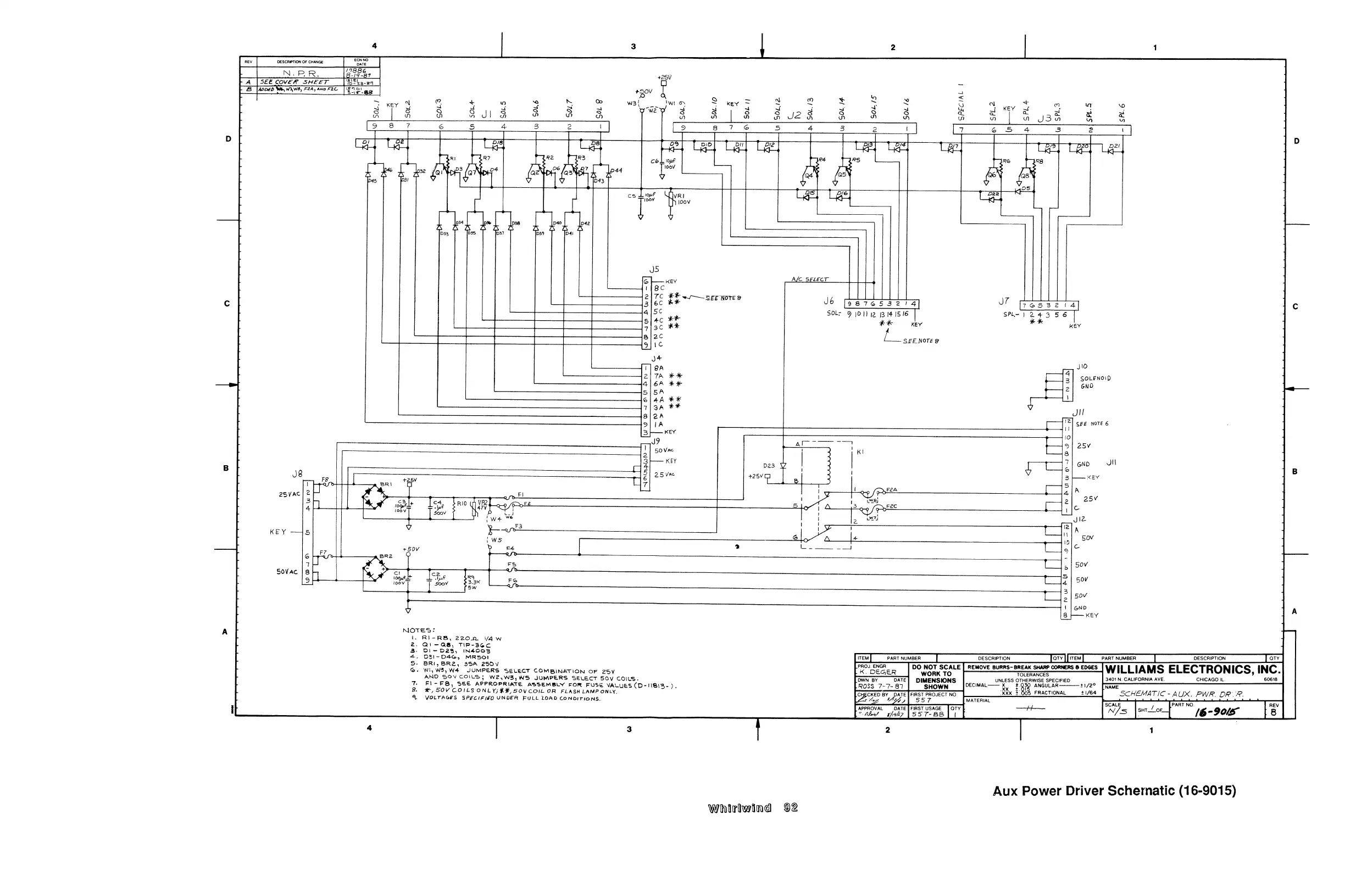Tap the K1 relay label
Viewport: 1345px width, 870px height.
[860, 453]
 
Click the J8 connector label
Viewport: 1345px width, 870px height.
[297, 474]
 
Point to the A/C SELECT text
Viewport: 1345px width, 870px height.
[809, 280]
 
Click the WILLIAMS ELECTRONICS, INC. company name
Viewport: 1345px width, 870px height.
[1192, 670]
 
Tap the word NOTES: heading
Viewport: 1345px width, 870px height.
[419, 631]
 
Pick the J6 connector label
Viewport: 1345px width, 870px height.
[829, 301]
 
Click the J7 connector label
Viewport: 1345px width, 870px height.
[1004, 302]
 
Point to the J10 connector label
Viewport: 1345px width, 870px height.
[1082, 367]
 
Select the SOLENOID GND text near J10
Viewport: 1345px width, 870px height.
[1094, 382]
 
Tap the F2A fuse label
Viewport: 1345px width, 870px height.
[892, 490]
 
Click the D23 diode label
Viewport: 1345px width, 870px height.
[769, 466]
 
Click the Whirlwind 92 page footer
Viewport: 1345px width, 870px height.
[752, 808]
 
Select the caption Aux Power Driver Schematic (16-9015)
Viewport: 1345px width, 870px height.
[1114, 791]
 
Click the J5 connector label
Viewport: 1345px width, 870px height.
[654, 270]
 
